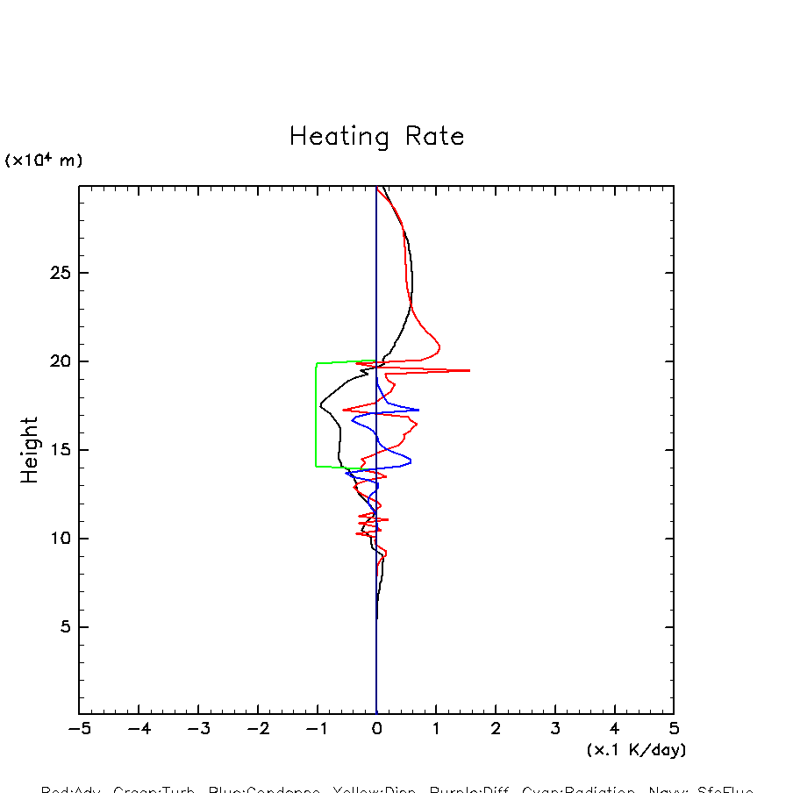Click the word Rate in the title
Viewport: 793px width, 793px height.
(x=435, y=137)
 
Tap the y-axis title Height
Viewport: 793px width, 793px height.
(x=31, y=450)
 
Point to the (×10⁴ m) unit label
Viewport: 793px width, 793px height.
(x=44, y=161)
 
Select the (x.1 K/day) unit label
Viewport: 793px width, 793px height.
(x=636, y=750)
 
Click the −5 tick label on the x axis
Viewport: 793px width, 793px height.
(x=79, y=729)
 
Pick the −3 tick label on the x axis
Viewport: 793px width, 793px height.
(x=197, y=729)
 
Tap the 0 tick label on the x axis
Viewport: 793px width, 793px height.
(x=376, y=729)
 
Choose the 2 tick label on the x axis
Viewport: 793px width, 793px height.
(x=495, y=729)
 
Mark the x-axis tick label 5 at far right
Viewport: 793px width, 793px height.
(x=674, y=729)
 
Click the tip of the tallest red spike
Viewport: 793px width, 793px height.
(x=469, y=370)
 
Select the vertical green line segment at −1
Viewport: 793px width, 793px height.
(x=317, y=414)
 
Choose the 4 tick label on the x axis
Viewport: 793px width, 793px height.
(x=614, y=729)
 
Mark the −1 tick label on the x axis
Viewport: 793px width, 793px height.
(x=317, y=729)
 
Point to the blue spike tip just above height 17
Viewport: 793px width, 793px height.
(x=418, y=410)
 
